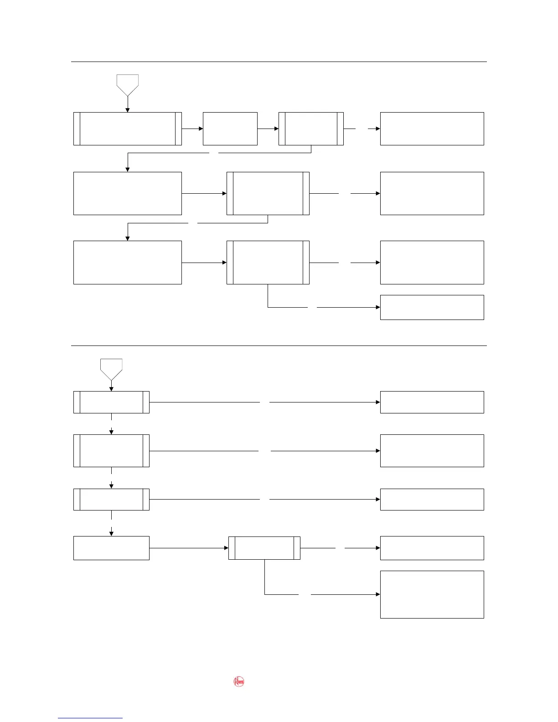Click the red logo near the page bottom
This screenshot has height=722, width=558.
coord(239,681)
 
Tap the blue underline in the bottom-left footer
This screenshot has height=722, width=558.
coord(90,718)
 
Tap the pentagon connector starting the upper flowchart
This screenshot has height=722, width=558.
coord(128,85)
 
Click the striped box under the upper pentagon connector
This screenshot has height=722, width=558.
coord(128,129)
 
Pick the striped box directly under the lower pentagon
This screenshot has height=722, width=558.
coord(111,402)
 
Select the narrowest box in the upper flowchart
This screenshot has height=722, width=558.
coord(230,129)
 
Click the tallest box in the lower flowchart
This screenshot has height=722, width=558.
coord(432,594)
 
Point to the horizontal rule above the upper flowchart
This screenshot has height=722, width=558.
coord(279,62)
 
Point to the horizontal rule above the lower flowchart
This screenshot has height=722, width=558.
coord(279,346)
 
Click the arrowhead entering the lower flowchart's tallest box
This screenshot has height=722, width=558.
coord(378,594)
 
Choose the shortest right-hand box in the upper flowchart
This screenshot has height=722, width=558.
coord(432,307)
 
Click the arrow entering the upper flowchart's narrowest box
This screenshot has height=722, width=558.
coord(200,129)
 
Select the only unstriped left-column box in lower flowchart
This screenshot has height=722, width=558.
coord(111,548)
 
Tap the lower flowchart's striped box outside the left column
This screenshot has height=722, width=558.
coord(264,548)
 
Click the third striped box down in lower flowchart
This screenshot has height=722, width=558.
coord(111,499)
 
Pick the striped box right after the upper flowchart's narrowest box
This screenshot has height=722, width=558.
coord(311,129)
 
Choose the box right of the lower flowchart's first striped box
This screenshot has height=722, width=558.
coord(432,402)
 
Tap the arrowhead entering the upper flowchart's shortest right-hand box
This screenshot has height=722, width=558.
coord(378,307)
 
